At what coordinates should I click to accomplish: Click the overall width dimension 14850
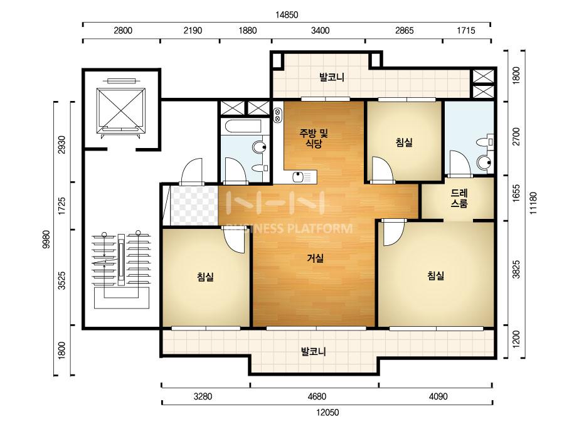[x=287, y=15]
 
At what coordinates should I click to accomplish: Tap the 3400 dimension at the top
[x=320, y=30]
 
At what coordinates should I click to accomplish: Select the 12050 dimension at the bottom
[x=327, y=412]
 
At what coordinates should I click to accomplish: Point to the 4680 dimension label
[x=317, y=396]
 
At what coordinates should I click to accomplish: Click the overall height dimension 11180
[x=533, y=203]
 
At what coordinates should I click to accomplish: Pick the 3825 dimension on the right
[x=516, y=270]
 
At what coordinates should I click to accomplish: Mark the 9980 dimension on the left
[x=46, y=240]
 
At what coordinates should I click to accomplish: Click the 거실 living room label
[x=315, y=258]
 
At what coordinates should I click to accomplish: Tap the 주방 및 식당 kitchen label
[x=313, y=138]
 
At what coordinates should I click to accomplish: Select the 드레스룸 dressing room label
[x=459, y=198]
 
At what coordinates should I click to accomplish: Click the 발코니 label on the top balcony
[x=332, y=77]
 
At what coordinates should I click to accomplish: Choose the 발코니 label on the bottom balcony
[x=313, y=351]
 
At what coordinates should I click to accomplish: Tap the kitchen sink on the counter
[x=297, y=178]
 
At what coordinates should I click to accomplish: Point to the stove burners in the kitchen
[x=277, y=115]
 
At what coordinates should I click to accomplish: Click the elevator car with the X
[x=120, y=109]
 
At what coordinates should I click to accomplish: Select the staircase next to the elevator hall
[x=122, y=270]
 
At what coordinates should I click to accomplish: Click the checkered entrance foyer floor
[x=193, y=206]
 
